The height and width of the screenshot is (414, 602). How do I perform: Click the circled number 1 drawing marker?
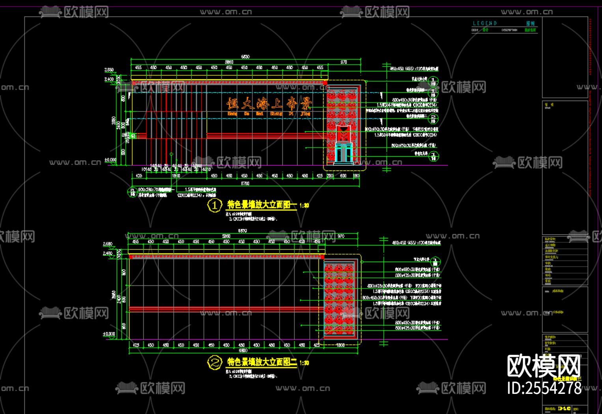click(x=215, y=205)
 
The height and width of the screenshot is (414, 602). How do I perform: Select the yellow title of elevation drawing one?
click(x=262, y=204)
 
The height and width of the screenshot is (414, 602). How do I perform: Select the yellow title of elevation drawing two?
click(x=262, y=362)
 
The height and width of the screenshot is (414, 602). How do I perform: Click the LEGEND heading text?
click(x=485, y=23)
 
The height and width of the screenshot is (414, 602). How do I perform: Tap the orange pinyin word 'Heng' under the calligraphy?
click(x=232, y=114)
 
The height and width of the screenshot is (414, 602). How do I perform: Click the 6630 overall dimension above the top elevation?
click(x=245, y=57)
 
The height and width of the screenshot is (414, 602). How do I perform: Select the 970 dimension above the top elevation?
click(x=344, y=62)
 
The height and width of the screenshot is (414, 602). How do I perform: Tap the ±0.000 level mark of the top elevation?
click(x=110, y=160)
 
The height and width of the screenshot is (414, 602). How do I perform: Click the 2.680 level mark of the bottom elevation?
click(x=107, y=244)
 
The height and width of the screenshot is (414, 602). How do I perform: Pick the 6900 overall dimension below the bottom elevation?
click(x=243, y=350)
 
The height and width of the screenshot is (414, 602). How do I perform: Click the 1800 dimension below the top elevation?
click(x=176, y=176)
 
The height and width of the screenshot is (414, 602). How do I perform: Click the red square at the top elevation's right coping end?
click(x=325, y=83)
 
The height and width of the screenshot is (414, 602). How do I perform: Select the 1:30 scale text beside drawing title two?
click(x=304, y=363)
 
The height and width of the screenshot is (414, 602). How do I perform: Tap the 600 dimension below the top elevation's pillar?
click(x=343, y=176)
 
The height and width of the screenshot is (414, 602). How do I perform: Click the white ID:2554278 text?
click(x=544, y=388)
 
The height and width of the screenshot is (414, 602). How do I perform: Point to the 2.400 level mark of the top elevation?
click(x=109, y=79)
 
